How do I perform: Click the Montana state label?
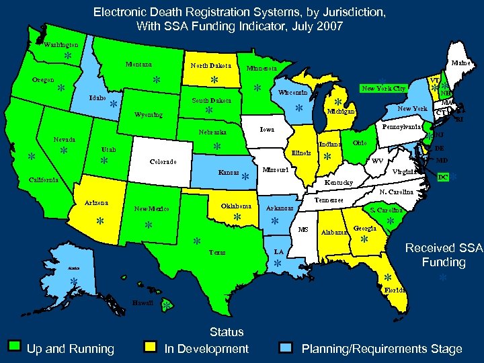139,65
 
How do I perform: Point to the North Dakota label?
210,66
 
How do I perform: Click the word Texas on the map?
217,253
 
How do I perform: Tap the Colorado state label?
163,162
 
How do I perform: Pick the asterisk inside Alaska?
73,282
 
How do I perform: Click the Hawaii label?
143,302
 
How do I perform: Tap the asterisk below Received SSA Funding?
442,278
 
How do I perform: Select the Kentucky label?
339,182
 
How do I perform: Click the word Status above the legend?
227,332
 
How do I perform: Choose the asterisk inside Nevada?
63,151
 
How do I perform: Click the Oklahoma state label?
236,206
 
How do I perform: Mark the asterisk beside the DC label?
454,177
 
